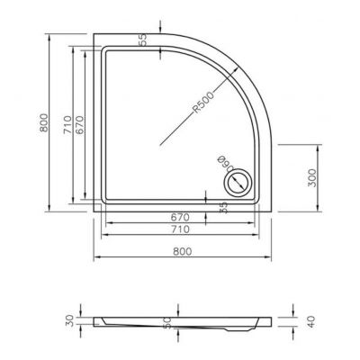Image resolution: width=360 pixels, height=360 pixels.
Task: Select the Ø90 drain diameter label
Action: (x=221, y=167)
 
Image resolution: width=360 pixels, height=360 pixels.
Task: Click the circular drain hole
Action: (x=238, y=184)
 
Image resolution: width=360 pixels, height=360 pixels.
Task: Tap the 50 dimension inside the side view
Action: (x=166, y=322)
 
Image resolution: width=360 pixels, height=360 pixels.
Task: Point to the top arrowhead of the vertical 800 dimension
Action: (x=47, y=39)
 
